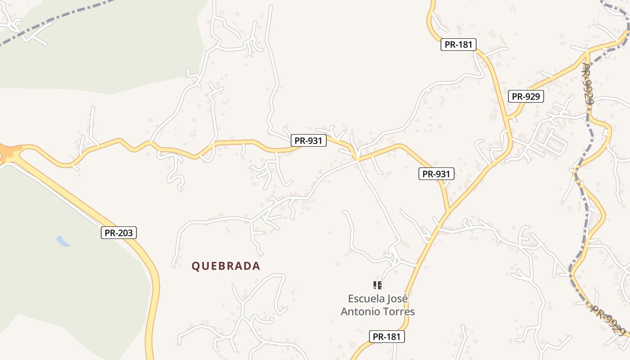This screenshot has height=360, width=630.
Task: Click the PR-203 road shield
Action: coord(118,233)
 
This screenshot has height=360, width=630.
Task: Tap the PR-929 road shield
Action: coord(526,96)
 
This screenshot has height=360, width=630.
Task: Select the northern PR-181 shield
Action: coord(458,44)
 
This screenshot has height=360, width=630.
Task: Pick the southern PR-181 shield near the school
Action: coord(387,336)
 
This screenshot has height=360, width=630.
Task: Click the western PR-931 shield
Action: coord(308,140)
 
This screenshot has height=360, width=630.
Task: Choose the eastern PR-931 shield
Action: coord(436,174)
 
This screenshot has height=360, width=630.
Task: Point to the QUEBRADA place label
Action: coord(226,266)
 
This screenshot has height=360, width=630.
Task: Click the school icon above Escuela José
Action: coord(378,285)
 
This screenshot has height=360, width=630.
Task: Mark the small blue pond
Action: coord(63,241)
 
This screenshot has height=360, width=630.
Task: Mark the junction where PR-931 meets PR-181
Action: coord(448,210)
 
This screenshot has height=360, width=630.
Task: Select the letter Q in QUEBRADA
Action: coord(195,266)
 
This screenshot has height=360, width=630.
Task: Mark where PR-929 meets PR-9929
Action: coord(588,54)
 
